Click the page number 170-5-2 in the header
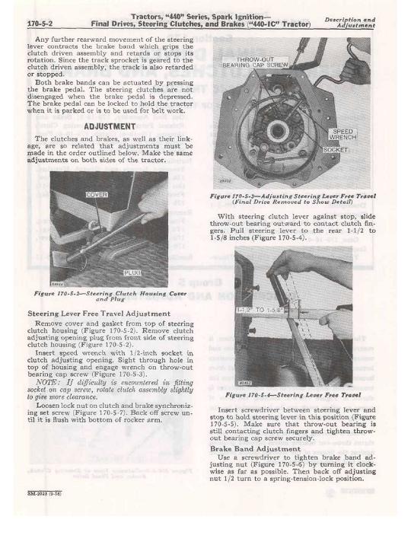click(40, 24)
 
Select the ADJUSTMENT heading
click(110, 126)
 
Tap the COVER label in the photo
click(97, 195)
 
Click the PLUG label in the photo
click(132, 272)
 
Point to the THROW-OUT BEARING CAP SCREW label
click(255, 62)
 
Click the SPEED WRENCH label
click(342, 134)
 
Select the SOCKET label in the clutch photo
click(335, 150)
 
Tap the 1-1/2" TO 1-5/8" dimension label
click(261, 310)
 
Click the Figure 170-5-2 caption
click(110, 296)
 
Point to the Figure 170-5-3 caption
click(293, 199)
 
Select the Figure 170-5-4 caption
click(293, 395)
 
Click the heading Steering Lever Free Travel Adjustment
click(99, 314)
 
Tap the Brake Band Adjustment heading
click(255, 449)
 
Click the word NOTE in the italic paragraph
click(46, 382)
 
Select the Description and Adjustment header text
click(350, 22)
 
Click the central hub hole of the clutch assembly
click(278, 131)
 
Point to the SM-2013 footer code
click(42, 493)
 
